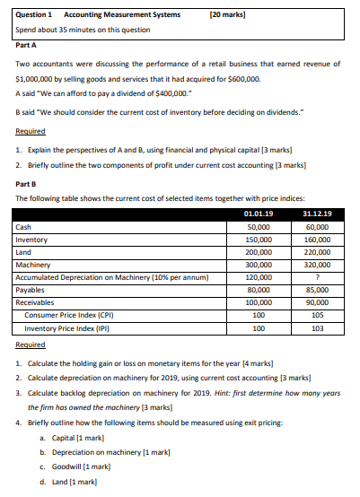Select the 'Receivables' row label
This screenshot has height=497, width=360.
point(37,303)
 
